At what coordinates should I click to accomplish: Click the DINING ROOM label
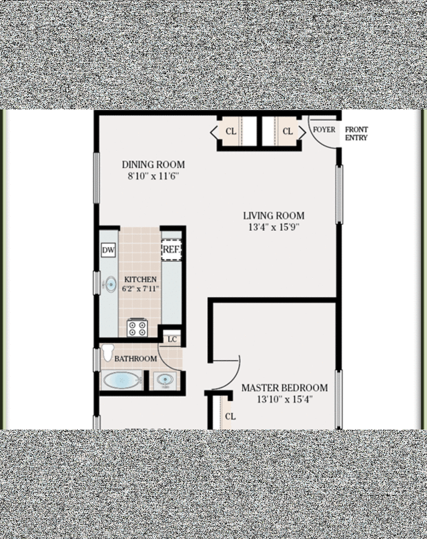(x=153, y=165)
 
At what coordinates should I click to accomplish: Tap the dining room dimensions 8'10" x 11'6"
(x=153, y=176)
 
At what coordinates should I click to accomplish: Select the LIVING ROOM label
(x=274, y=216)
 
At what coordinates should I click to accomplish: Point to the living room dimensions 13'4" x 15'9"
(x=274, y=227)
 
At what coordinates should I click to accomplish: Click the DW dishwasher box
(x=108, y=250)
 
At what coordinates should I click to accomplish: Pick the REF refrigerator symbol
(x=171, y=249)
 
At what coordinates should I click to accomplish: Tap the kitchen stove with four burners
(x=137, y=328)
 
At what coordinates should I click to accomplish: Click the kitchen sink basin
(x=110, y=285)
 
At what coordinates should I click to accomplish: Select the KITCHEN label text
(x=140, y=279)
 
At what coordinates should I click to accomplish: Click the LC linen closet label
(x=172, y=340)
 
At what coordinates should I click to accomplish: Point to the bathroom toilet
(x=107, y=352)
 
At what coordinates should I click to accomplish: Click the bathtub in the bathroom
(x=121, y=380)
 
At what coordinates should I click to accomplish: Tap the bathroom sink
(x=165, y=380)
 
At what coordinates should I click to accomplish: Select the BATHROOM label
(x=135, y=359)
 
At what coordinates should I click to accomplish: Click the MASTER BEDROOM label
(x=285, y=388)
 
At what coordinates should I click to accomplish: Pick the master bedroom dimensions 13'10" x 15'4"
(x=285, y=400)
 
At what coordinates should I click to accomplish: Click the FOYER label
(x=324, y=129)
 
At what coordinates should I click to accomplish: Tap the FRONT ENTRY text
(x=356, y=133)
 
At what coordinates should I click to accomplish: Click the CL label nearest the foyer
(x=288, y=131)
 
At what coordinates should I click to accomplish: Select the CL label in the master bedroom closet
(x=230, y=417)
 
